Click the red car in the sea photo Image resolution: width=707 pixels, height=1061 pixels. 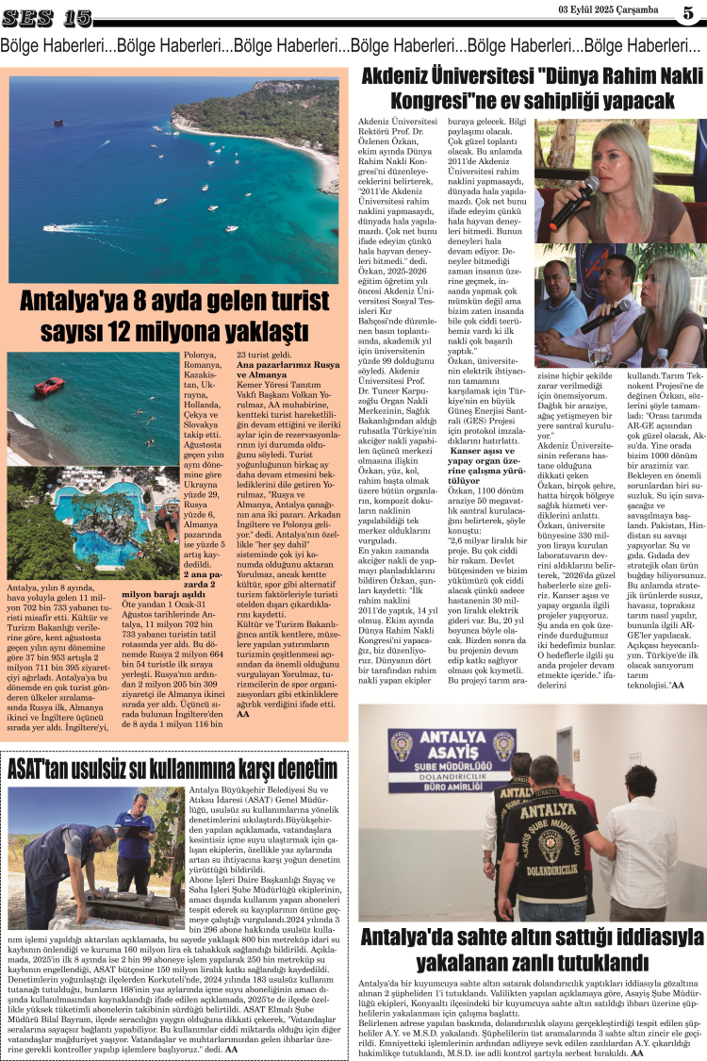pyautogui.click(x=50, y=386)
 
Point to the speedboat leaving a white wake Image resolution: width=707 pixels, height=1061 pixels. pyautogui.click(x=58, y=228)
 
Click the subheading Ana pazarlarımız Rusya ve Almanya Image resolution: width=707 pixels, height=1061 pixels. pyautogui.click(x=288, y=369)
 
